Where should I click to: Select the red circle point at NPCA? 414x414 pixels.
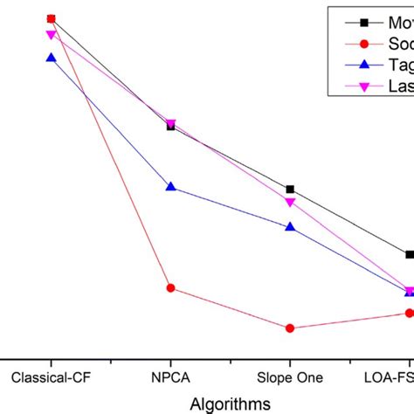(170, 288)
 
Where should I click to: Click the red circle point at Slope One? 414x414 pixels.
(290, 328)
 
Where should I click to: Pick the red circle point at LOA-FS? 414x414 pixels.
(409, 313)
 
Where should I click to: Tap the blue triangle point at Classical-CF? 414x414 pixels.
(51, 58)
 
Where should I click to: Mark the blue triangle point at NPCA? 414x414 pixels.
(170, 187)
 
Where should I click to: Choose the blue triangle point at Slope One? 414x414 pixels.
(290, 227)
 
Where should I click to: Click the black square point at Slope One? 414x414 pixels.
(290, 190)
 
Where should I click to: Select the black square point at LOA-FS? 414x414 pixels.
(409, 255)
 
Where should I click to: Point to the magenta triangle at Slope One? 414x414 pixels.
(290, 203)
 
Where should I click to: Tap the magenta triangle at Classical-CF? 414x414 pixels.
(51, 35)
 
